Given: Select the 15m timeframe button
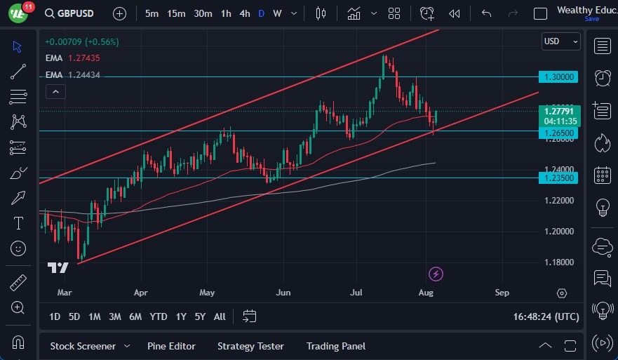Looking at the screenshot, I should (x=176, y=13).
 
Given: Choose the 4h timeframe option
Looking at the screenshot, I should (x=244, y=13).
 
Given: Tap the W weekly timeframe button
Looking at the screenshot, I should (x=277, y=13).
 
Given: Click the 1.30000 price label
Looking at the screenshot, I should (x=558, y=76).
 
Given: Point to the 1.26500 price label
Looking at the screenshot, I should (x=558, y=132).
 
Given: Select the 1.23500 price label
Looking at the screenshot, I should (x=558, y=178).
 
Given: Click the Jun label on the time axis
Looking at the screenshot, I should (x=283, y=292).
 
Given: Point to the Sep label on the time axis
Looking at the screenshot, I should (x=502, y=292).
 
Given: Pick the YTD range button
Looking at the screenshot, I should (x=159, y=316).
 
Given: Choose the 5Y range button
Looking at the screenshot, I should (x=200, y=316).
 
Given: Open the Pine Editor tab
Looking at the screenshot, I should (x=171, y=346).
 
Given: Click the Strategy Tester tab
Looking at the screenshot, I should (x=250, y=346).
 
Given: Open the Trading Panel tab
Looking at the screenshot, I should (x=336, y=346).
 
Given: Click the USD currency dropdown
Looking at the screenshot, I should (x=561, y=41).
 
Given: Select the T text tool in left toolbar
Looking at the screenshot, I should (x=18, y=223).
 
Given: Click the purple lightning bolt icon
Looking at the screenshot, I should (x=436, y=274).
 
